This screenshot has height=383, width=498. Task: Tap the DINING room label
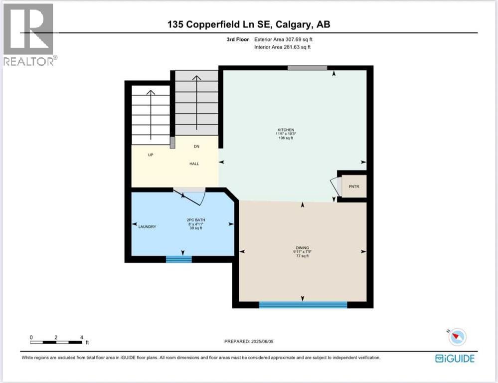point(302,247)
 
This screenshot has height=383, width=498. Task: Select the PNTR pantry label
point(354,187)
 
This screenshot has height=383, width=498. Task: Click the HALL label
point(194,164)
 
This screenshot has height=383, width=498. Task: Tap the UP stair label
point(150,155)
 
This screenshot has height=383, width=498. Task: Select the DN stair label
point(196,147)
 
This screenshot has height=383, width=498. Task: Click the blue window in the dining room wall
point(303,304)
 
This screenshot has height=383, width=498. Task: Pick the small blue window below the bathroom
point(178,259)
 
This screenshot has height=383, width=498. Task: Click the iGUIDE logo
point(454,358)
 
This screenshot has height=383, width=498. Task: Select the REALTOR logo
point(29,34)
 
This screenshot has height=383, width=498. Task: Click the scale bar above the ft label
point(56,342)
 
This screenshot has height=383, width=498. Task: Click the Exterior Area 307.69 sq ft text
point(284,39)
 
